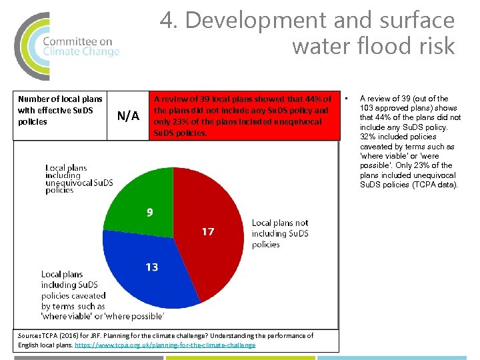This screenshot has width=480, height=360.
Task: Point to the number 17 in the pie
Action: pyautogui.click(x=208, y=232)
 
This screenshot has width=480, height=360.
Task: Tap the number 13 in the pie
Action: pyautogui.click(x=152, y=267)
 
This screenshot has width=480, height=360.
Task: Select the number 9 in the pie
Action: pyautogui.click(x=150, y=213)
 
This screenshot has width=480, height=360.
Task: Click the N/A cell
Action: pyautogui.click(x=128, y=116)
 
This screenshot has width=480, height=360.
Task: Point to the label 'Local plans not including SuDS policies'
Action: pyautogui.click(x=280, y=233)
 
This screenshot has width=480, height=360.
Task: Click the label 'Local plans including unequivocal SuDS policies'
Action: pyautogui.click(x=79, y=179)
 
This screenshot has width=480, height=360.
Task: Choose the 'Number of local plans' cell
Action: pyautogui.click(x=60, y=110)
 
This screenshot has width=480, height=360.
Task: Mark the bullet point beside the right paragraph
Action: pyautogui.click(x=347, y=99)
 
